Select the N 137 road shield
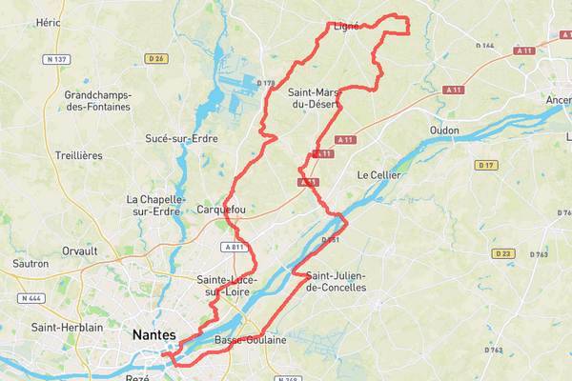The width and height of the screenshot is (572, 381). [55, 59]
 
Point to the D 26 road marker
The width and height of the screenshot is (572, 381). [158, 59]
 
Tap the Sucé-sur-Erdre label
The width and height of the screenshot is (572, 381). [181, 138]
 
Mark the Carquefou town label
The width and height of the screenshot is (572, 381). [220, 209]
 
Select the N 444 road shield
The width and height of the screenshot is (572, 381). [31, 298]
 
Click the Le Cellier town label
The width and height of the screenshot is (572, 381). [375, 175]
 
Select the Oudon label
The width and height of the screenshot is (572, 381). [443, 130]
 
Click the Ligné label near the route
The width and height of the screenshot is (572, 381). [346, 27]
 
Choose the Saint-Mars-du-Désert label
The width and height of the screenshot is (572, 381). [314, 98]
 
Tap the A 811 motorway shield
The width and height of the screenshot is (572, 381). [235, 247]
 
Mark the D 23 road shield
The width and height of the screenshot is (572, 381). [503, 253]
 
